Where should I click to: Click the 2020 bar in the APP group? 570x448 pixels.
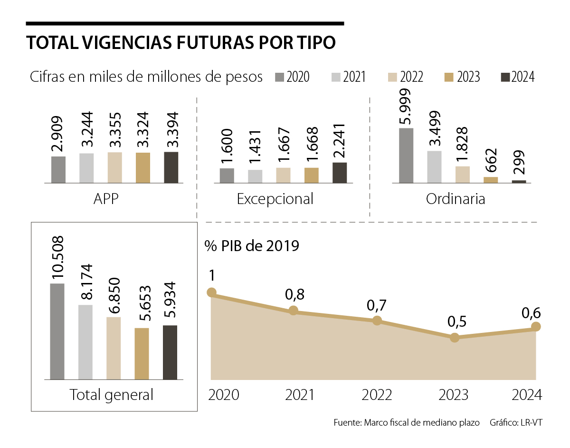[x=58, y=170]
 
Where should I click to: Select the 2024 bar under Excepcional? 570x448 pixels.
[x=340, y=173]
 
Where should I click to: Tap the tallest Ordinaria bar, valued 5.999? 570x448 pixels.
[x=406, y=156]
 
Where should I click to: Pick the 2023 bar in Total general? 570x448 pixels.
[x=142, y=354]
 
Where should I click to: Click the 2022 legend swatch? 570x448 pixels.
[x=392, y=77]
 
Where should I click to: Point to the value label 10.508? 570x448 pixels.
[x=57, y=257]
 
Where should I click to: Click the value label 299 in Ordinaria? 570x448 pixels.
[x=519, y=164]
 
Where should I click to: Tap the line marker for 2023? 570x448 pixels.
[x=455, y=338]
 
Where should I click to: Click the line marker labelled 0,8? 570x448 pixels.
[x=294, y=311]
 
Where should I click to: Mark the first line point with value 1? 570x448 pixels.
[x=211, y=292]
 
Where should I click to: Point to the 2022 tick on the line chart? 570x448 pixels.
[x=377, y=395]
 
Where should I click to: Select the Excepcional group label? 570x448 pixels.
[x=275, y=198]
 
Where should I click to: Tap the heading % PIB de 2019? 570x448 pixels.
[x=252, y=246]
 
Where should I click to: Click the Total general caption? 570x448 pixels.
[x=112, y=394]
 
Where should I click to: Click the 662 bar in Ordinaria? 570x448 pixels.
[x=491, y=180]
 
